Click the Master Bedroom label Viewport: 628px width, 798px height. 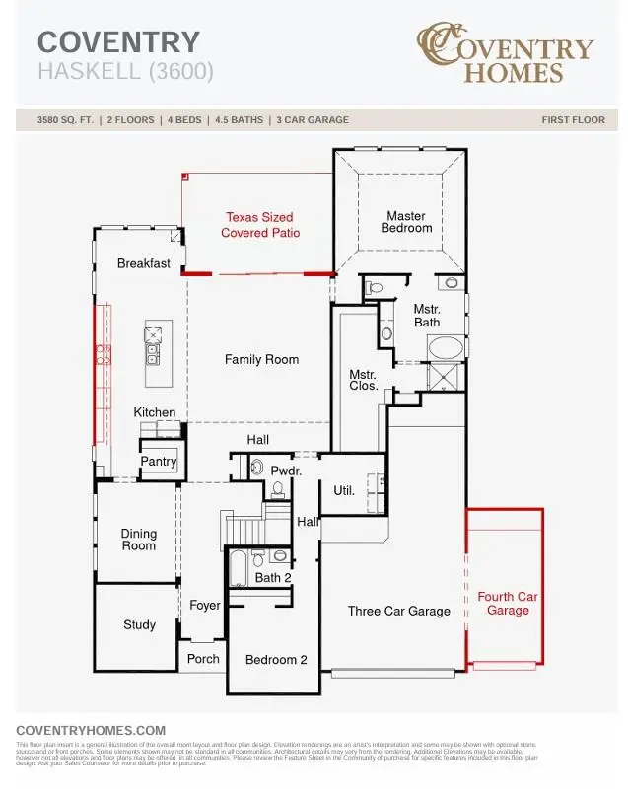point(406,222)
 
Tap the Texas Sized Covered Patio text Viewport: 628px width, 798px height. point(260,225)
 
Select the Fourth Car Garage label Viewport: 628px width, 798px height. point(508,604)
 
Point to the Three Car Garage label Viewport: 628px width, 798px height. point(398,612)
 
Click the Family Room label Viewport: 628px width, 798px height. point(261,360)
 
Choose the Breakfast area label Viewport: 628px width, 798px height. point(144,264)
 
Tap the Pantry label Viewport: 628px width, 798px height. point(159,462)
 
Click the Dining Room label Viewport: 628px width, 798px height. point(139,540)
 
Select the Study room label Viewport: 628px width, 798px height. point(139,625)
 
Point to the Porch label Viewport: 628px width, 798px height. point(203,659)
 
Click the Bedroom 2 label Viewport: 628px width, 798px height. point(276,660)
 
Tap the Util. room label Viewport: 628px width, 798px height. point(344,490)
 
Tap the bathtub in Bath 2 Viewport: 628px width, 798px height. point(239,568)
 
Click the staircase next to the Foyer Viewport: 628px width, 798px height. point(244,530)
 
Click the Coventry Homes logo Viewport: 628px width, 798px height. point(505,55)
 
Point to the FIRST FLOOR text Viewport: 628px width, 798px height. point(573,120)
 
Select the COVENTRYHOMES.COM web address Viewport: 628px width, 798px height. point(91,730)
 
